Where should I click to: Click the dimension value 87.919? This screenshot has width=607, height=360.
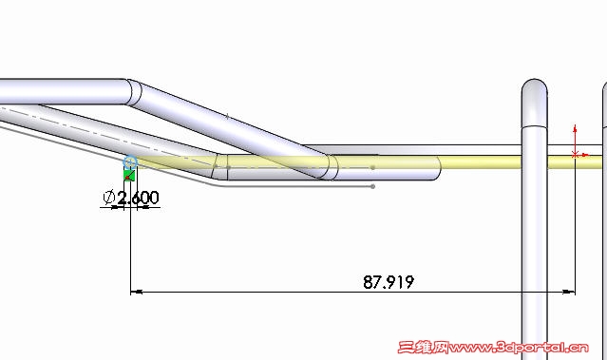[x=389, y=282]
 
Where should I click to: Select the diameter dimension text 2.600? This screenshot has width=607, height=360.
[x=138, y=198]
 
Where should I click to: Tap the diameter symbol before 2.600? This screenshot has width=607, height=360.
[x=109, y=198]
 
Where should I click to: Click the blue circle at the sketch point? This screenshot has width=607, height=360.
[x=130, y=161]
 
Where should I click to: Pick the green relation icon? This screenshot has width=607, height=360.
[x=129, y=175]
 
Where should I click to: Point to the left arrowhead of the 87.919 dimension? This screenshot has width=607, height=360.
[x=136, y=292]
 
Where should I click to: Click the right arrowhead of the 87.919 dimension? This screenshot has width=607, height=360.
[x=569, y=292]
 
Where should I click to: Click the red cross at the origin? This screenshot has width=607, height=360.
[x=575, y=155]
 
